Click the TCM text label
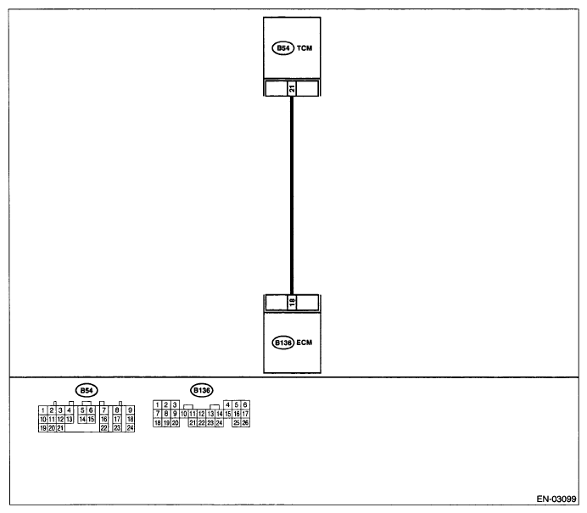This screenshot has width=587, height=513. tap(305, 47)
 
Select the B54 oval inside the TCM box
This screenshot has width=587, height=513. tap(283, 47)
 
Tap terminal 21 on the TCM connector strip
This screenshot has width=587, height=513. tap(292, 88)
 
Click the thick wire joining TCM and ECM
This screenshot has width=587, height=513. tap(292, 195)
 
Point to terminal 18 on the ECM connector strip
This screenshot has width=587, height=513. tap(292, 303)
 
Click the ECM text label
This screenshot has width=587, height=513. tap(304, 343)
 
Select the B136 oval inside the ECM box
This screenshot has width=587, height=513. tap(283, 343)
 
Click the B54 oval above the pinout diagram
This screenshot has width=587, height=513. tap(87, 391)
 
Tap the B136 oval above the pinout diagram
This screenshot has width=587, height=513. tap(202, 391)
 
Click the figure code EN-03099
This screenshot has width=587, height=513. tap(556, 499)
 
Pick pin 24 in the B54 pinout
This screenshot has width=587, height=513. tap(131, 427)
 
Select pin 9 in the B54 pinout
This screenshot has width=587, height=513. tap(131, 410)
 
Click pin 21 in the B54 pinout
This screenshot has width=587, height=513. tap(60, 428)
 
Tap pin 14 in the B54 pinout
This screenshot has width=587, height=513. tap(82, 419)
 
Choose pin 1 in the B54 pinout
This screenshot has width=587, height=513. tap(43, 410)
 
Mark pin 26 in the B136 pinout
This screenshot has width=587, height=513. tap(245, 422)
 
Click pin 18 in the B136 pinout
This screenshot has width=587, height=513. tap(158, 422)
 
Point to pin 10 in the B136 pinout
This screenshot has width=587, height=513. tap(184, 414)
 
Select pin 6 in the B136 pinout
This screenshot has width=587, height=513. tap(245, 404)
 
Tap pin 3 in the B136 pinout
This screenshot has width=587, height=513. tap(175, 404)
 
